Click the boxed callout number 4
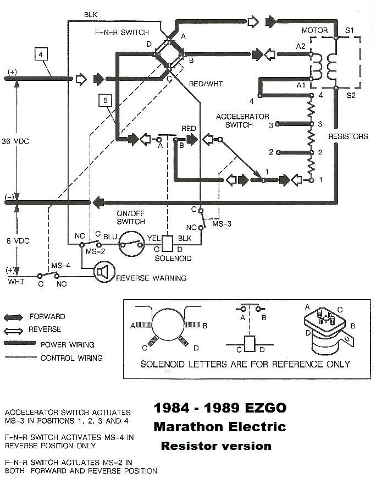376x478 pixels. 41,54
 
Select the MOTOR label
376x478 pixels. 314,30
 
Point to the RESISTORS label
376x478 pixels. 347,136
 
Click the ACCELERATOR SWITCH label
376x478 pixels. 242,120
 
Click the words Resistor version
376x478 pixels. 216,446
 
